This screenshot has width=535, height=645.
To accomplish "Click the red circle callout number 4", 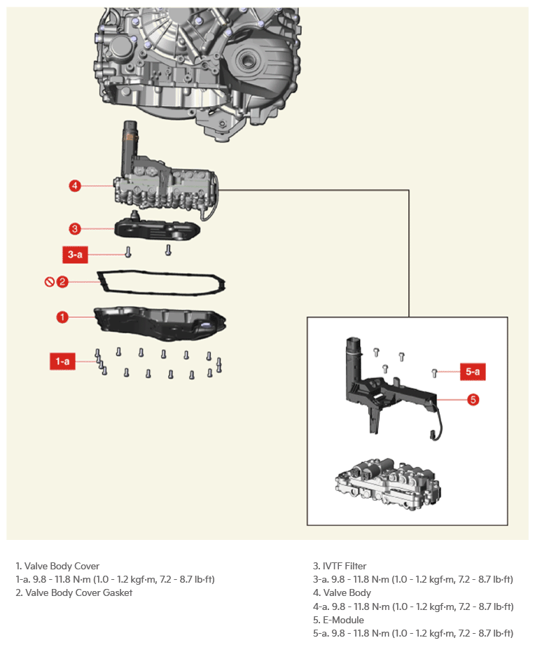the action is pyautogui.click(x=75, y=186).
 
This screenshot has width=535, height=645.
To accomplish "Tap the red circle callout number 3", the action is pyautogui.click(x=75, y=229).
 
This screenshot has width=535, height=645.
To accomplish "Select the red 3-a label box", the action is pyautogui.click(x=75, y=255).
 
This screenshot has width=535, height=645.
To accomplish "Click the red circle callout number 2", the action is pyautogui.click(x=62, y=282).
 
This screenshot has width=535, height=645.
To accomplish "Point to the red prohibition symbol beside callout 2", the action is pyautogui.click(x=49, y=282).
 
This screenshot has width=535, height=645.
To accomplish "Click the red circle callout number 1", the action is pyautogui.click(x=62, y=317).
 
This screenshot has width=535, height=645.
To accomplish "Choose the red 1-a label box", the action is pyautogui.click(x=62, y=361).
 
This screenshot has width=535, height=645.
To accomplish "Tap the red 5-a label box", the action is pyautogui.click(x=473, y=371).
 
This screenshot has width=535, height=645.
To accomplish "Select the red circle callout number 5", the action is pyautogui.click(x=473, y=399).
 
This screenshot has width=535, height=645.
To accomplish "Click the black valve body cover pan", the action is pyautogui.click(x=160, y=323).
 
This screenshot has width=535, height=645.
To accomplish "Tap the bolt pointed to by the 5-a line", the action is pyautogui.click(x=434, y=373).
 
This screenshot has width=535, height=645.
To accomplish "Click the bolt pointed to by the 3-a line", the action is pyautogui.click(x=128, y=251).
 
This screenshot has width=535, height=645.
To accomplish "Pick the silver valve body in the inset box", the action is pyautogui.click(x=388, y=484).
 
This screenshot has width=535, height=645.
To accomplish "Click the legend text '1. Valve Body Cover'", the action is pyautogui.click(x=57, y=566).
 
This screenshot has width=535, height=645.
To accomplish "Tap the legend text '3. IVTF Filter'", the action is pyautogui.click(x=340, y=566).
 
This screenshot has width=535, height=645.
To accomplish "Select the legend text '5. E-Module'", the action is pyautogui.click(x=338, y=620).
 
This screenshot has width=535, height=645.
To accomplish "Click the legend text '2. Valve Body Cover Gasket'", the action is pyautogui.click(x=74, y=592).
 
